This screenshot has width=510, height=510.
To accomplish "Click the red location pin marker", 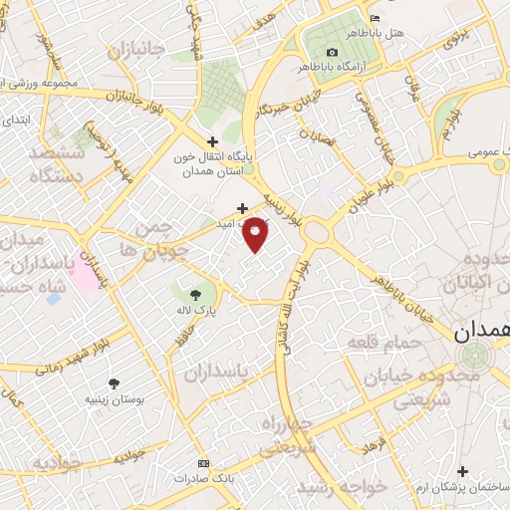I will [x=256, y=234].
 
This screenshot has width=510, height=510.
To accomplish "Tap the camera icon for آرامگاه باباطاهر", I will [x=332, y=52].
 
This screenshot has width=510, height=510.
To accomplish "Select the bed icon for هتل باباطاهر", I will [x=375, y=18].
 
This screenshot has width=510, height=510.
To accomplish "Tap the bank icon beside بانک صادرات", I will [x=204, y=464].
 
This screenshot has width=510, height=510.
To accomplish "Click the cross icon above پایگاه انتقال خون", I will [x=210, y=141].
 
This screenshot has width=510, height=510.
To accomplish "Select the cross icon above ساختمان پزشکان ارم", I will [x=462, y=470].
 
